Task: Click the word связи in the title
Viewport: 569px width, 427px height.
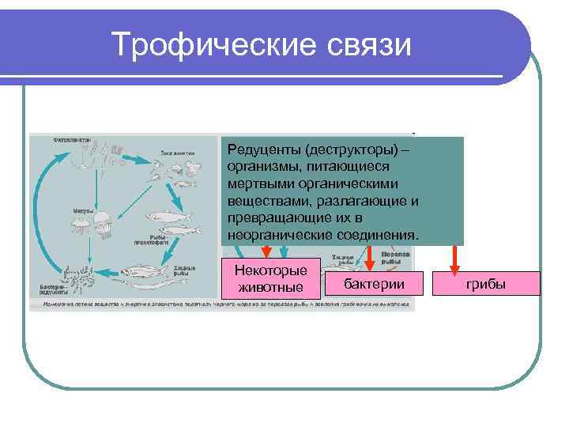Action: pyautogui.click(x=368, y=44)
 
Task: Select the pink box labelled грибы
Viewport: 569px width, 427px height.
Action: pyautogui.click(x=486, y=284)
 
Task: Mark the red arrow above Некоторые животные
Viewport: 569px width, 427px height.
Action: pyautogui.click(x=266, y=252)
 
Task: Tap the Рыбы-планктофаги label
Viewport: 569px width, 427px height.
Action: pyautogui.click(x=150, y=239)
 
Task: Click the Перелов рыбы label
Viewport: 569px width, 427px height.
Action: pyautogui.click(x=394, y=259)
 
